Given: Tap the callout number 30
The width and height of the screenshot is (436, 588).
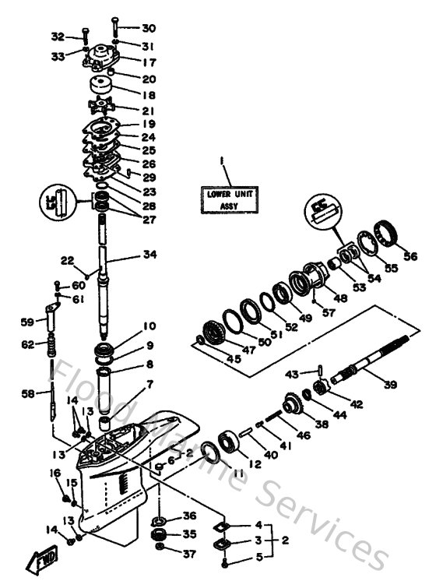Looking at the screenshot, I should [149, 28].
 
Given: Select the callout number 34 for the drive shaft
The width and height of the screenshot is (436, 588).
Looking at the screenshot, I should [149, 255].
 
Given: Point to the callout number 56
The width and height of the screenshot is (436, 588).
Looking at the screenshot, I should [410, 255].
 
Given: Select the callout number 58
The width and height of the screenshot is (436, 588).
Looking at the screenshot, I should [28, 395].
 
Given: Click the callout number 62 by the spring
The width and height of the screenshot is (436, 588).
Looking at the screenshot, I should [28, 343].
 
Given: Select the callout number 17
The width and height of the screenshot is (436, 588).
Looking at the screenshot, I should [149, 62].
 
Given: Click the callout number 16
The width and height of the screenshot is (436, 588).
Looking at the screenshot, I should [55, 473].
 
